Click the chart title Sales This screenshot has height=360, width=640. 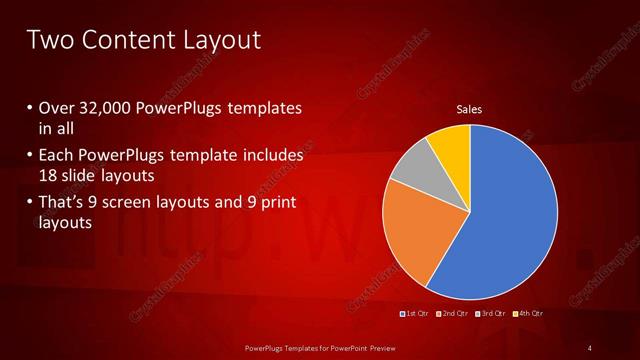click(470, 109)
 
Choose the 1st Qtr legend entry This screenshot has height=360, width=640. click(414, 314)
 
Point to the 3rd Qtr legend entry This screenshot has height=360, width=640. click(490, 314)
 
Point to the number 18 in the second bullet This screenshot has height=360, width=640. click(50, 176)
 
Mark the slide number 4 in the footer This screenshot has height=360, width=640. click(590, 347)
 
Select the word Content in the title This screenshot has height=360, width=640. click(124, 40)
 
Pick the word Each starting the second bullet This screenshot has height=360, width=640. click(58, 157)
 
